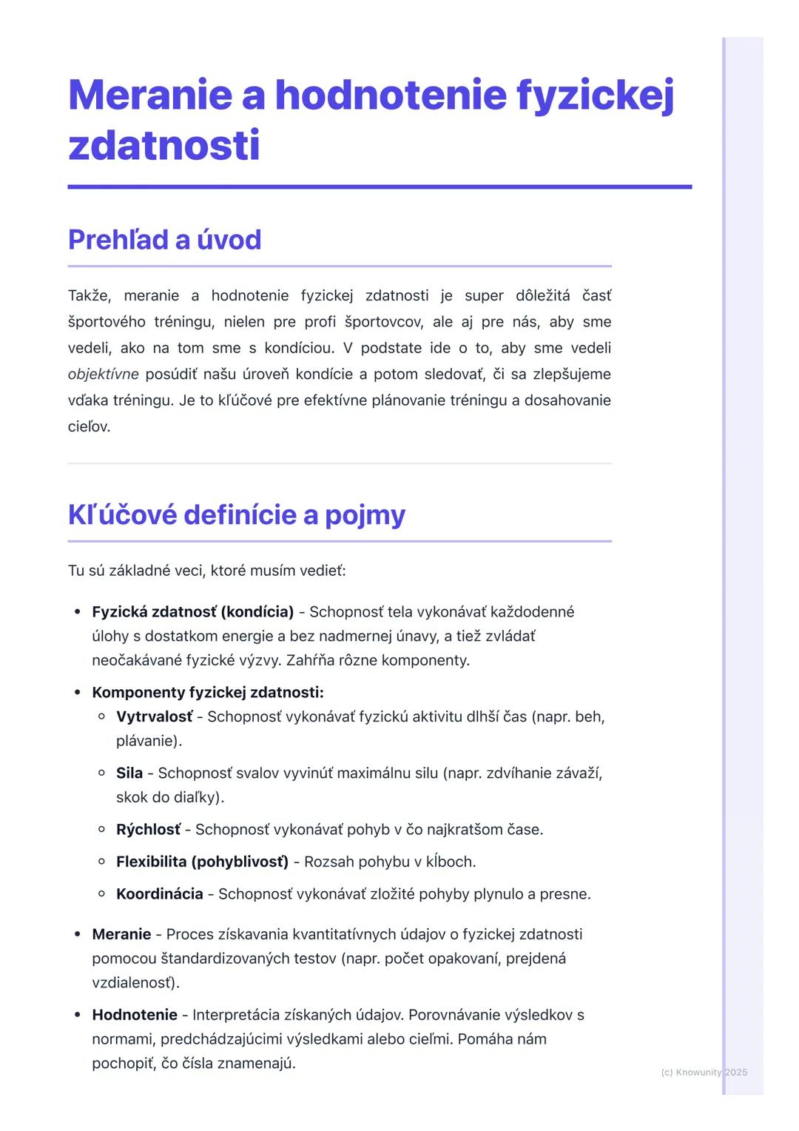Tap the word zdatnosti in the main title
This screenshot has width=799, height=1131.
tap(163, 145)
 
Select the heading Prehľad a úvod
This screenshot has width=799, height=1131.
tap(164, 240)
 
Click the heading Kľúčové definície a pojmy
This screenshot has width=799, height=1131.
tap(236, 514)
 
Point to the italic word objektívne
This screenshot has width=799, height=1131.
tap(103, 375)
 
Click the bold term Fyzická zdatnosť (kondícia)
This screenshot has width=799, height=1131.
tap(192, 612)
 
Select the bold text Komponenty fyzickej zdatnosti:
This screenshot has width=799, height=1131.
tap(208, 693)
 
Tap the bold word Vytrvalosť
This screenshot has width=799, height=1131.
tap(154, 717)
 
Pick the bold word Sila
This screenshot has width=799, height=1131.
tap(129, 773)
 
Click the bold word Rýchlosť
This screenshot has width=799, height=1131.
tap(148, 830)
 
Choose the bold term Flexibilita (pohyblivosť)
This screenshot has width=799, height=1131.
tap(202, 862)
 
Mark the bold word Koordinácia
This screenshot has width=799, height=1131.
tap(159, 894)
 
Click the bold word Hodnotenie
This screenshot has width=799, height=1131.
tap(135, 1015)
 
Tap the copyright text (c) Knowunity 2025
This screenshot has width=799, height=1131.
tap(704, 1072)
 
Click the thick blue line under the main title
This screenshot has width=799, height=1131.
tap(380, 187)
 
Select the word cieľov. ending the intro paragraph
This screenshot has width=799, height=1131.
tap(89, 427)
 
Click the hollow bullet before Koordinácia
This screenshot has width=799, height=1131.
tap(102, 894)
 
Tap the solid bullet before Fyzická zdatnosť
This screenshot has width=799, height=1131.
tap(77, 612)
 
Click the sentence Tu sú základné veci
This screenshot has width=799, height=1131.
tap(206, 571)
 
